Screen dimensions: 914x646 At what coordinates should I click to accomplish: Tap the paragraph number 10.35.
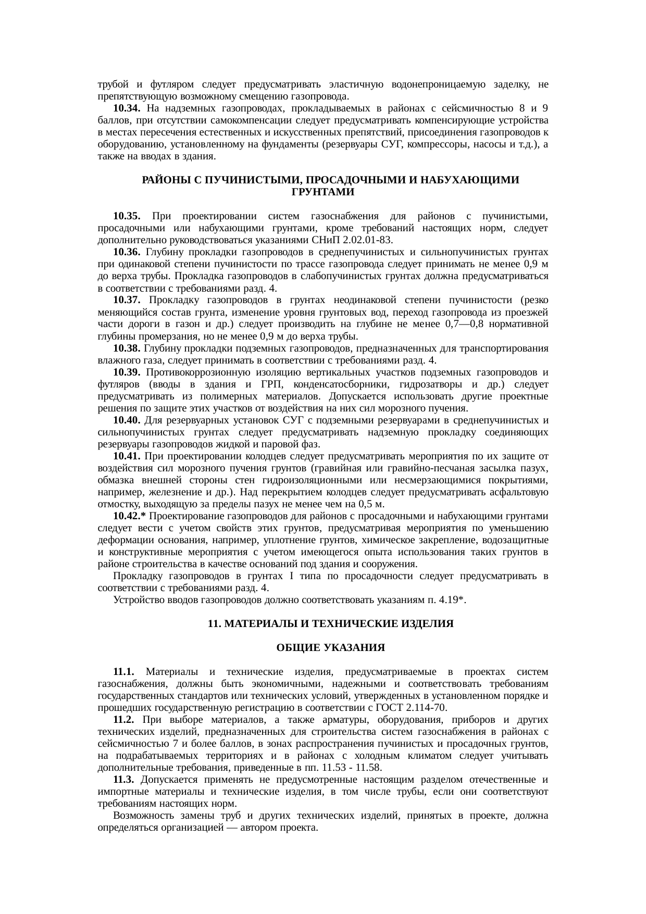pyautogui.click(x=127, y=216)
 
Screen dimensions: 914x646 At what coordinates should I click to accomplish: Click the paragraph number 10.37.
pyautogui.click(x=127, y=300)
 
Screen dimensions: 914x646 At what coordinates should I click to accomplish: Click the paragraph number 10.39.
pyautogui.click(x=127, y=372)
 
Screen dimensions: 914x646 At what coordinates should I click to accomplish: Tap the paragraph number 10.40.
pyautogui.click(x=127, y=420)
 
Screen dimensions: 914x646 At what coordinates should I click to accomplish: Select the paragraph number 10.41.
pyautogui.click(x=127, y=456)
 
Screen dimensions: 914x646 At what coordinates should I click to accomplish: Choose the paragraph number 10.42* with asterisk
pyautogui.click(x=129, y=516)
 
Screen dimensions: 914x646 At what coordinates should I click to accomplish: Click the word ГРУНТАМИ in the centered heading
pyautogui.click(x=323, y=192)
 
